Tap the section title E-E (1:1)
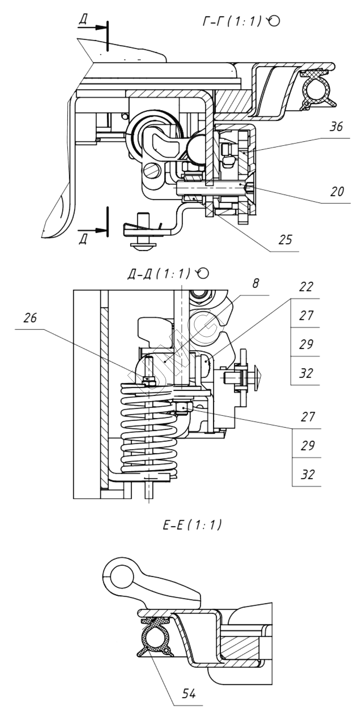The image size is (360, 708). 192,525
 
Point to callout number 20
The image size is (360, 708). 337,192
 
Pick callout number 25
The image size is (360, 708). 286,239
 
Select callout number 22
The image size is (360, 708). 306,287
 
